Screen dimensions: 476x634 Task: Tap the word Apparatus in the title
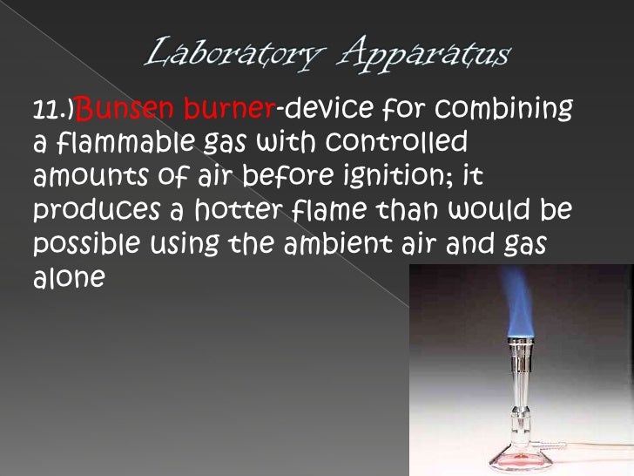pos(426,55)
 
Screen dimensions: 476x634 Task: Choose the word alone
pos(69,278)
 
